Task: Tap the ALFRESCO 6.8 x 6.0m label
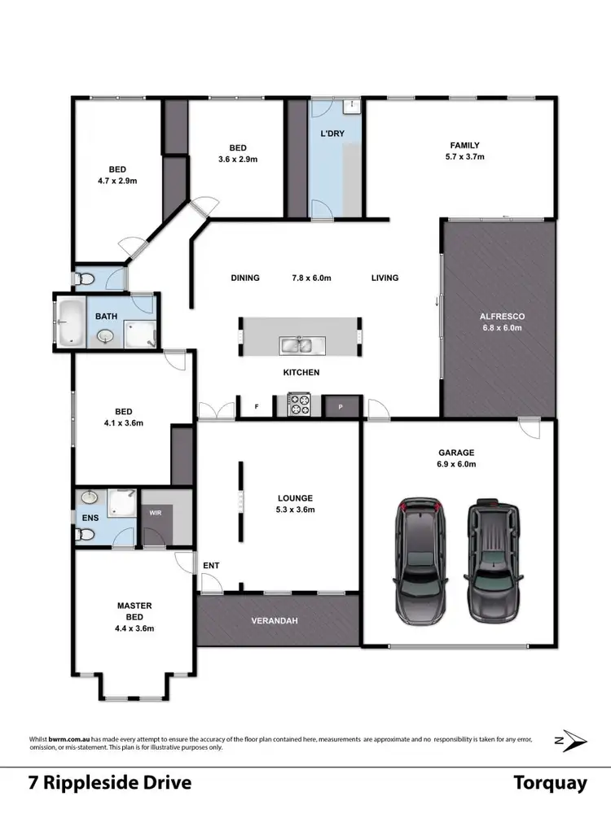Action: pos(501,322)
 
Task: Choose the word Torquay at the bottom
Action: pos(550,783)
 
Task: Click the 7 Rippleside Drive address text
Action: pos(110,783)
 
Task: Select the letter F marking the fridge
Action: pos(256,405)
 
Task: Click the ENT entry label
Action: pos(212,565)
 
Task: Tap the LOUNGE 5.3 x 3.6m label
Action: pos(294,504)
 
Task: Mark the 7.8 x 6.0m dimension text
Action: pos(311,278)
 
